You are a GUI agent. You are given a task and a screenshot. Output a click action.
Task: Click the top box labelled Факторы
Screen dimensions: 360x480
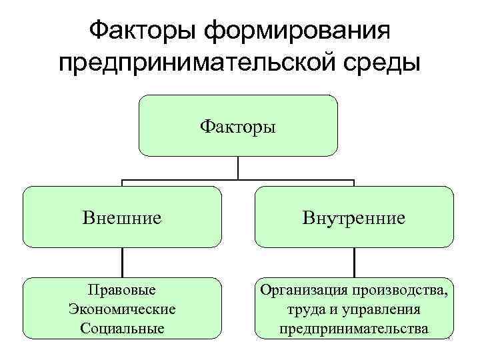coord(238,125)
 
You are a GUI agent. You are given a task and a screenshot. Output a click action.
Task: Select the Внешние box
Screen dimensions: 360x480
coord(122,217)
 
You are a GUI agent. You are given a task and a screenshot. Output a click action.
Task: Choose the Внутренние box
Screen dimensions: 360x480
coord(354,217)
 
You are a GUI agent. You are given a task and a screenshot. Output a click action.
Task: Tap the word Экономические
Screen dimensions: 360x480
coord(122,309)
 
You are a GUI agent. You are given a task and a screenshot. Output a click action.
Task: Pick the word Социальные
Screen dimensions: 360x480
coord(122,328)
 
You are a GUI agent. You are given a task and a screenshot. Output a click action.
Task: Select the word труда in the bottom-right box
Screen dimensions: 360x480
coord(305,309)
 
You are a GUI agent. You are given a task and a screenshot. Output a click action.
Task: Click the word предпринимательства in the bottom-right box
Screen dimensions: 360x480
coord(354,328)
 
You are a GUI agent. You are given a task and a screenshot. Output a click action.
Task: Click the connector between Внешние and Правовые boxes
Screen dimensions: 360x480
coord(122,262)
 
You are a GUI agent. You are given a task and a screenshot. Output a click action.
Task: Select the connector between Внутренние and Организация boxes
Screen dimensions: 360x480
coord(354,262)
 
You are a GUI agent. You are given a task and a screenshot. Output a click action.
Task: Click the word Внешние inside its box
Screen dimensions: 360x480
coord(122,217)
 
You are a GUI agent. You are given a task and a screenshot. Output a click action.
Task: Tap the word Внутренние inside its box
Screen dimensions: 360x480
coord(354,217)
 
